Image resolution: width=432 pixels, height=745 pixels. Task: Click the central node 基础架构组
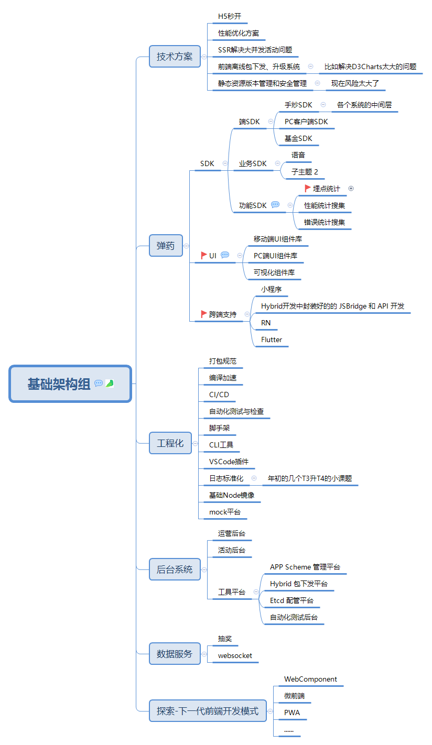tap(59, 384)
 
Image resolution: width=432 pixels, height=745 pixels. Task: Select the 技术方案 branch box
tap(175, 57)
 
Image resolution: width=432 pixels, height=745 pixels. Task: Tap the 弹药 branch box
tap(166, 245)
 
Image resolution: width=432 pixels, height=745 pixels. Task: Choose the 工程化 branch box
tap(170, 443)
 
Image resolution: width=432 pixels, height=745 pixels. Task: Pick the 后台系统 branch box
tap(175, 569)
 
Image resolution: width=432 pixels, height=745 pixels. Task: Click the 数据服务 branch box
tap(175, 654)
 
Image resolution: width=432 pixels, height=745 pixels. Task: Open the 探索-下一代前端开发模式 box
tap(208, 711)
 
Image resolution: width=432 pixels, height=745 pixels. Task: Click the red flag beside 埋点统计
tap(308, 188)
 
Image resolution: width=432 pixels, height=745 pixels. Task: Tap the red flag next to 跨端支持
tap(204, 314)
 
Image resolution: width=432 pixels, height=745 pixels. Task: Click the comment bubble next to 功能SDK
tap(275, 205)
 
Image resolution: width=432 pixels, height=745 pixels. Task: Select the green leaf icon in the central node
tap(110, 384)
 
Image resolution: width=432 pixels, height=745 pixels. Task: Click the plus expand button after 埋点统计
tap(351, 189)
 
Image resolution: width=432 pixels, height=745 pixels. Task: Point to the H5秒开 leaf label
tap(230, 17)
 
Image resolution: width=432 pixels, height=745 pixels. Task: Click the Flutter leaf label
tap(272, 339)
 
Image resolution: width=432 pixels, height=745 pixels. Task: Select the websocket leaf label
tap(235, 655)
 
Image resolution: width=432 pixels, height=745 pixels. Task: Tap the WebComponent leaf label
tap(310, 679)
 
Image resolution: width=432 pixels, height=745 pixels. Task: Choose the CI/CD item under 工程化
tap(219, 395)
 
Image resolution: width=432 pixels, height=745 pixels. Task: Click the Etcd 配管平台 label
tap(291, 600)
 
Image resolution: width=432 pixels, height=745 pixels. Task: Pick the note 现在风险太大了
tap(355, 83)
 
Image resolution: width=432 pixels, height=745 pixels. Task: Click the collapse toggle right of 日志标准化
tap(254, 478)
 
